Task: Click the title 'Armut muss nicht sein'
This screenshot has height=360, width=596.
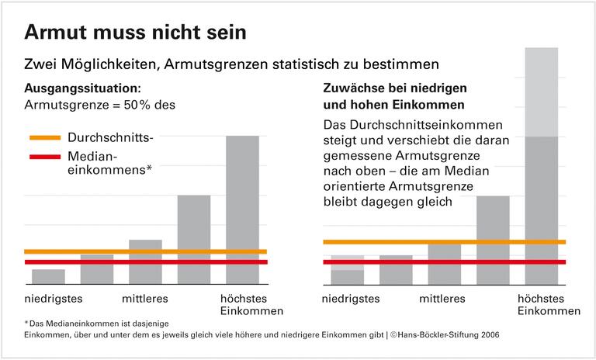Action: click(136, 33)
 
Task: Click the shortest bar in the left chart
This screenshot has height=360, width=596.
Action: click(48, 277)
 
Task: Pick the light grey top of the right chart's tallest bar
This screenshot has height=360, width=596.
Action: click(541, 92)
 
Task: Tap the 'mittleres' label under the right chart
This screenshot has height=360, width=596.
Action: click(442, 298)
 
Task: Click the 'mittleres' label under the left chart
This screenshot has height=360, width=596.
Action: click(145, 298)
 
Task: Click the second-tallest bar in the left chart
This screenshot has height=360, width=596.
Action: click(194, 237)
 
